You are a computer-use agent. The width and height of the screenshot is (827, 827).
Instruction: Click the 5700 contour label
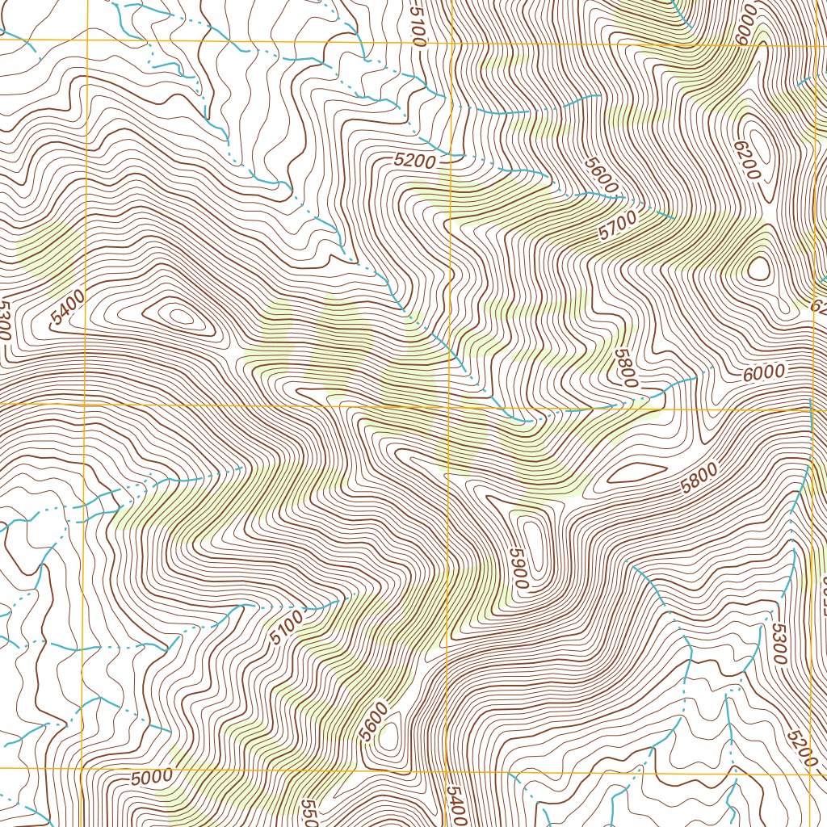click(619, 225)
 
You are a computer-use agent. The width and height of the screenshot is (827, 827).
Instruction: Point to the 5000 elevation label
click(151, 778)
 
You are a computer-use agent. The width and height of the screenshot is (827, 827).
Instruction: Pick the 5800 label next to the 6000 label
click(625, 367)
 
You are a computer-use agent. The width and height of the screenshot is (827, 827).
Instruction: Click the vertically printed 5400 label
click(455, 804)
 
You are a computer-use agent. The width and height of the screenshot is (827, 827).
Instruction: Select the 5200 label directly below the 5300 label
click(801, 748)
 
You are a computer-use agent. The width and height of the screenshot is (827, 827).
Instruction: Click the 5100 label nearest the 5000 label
click(286, 628)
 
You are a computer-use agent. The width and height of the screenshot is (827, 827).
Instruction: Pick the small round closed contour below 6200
click(759, 269)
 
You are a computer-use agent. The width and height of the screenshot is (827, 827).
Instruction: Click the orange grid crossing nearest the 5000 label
click(83, 768)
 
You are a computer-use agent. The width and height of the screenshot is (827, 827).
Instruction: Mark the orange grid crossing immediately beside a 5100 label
click(449, 40)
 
